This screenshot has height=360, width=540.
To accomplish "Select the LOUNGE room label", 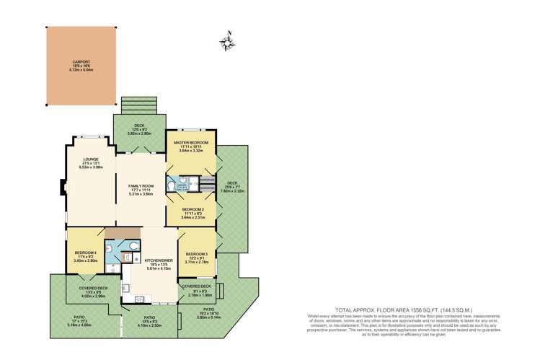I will pyautogui.click(x=91, y=159).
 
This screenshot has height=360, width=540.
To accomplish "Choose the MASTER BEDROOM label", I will pyautogui.click(x=191, y=143).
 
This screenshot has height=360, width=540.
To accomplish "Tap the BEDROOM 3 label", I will pyautogui.click(x=197, y=254).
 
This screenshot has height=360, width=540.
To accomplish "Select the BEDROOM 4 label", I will pyautogui.click(x=85, y=252).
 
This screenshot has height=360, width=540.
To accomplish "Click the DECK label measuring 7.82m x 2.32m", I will pyautogui.click(x=231, y=183).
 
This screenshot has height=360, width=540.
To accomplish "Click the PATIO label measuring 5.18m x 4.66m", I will pyautogui.click(x=74, y=320).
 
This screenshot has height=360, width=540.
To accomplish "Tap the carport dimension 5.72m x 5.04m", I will pyautogui.click(x=81, y=70).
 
